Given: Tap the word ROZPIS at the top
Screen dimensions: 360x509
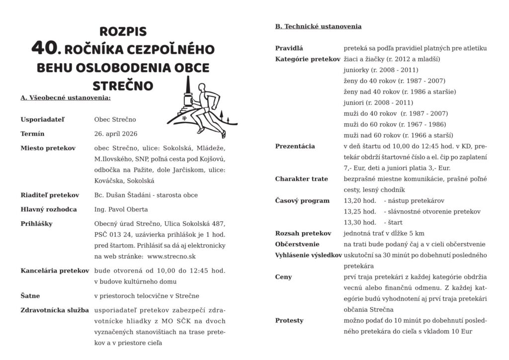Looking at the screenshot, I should (123, 31).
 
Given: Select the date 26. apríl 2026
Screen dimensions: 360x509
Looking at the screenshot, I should (115, 134).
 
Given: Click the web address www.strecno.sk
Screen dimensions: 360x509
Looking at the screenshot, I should (171, 257).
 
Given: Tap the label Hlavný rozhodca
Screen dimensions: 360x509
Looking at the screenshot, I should (49, 209).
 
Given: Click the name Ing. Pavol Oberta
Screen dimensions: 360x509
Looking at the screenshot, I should (121, 209).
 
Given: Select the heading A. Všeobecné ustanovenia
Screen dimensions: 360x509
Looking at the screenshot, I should (66, 98).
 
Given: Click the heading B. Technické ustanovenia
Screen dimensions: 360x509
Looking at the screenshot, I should (318, 26).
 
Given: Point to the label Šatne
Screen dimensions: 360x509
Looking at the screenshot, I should (30, 296).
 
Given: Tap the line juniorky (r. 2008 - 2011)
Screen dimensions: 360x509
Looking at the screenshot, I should (381, 70).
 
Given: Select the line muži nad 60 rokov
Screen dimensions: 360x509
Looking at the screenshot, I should (398, 135).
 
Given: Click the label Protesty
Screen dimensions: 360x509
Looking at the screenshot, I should (289, 321).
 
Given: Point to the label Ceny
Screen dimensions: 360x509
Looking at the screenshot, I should (284, 277).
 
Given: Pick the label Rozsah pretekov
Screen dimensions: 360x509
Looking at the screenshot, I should (303, 233).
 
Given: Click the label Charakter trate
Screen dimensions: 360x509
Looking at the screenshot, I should (302, 179).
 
